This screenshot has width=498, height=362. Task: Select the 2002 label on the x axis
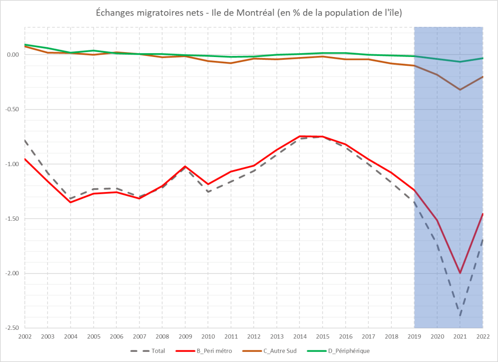24,336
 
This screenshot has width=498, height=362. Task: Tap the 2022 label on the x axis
482,336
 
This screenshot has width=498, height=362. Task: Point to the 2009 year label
185,336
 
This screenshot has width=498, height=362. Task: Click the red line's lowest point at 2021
460,273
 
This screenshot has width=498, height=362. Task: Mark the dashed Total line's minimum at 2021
460,315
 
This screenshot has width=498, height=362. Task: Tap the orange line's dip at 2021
460,90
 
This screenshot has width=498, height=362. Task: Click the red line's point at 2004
71,202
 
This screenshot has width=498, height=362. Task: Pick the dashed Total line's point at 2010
208,191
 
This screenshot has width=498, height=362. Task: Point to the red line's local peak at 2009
185,166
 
